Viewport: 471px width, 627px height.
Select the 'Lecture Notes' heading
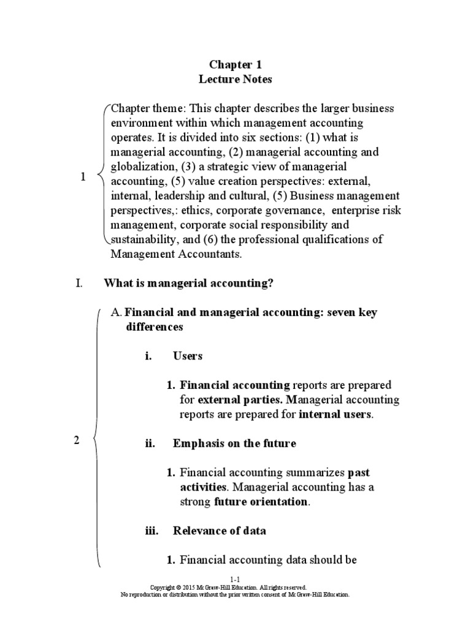coord(235,79)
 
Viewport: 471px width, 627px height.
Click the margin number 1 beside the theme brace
coord(83,177)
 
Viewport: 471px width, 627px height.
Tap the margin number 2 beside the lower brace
coord(77,440)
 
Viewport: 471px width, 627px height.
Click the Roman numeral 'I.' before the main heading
coord(78,283)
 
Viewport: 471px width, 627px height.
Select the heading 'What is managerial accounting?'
coord(188,283)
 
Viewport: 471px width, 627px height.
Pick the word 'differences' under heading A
coord(155,327)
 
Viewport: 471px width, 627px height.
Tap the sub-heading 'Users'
coord(188,356)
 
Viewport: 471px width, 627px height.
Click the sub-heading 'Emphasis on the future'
coord(234,443)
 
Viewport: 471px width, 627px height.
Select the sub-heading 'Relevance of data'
coord(220,531)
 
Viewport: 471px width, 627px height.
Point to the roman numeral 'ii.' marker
coord(150,443)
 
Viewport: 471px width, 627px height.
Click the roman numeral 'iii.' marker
coord(151,531)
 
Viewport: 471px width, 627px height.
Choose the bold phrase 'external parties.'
coord(240,400)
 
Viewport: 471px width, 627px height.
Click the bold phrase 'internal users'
coord(335,415)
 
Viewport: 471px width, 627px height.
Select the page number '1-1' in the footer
coord(235,579)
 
